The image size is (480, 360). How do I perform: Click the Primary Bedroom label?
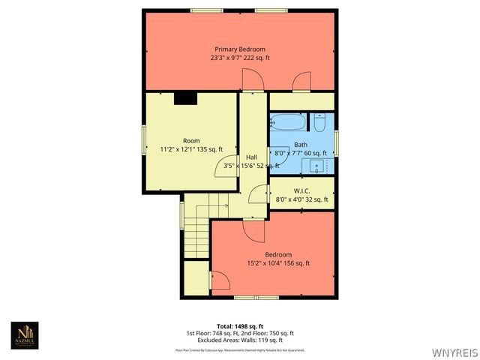[240, 49]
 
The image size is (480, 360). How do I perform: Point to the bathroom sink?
[317, 164]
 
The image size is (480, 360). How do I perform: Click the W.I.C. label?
[302, 190]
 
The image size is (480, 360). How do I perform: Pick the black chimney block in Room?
[184, 97]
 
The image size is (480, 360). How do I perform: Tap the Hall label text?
[252, 157]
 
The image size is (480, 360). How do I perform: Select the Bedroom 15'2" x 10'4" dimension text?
[278, 263]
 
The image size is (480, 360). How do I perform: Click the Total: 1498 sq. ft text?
[240, 326]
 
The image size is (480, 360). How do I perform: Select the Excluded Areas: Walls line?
[240, 340]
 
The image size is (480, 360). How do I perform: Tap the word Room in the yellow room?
[191, 140]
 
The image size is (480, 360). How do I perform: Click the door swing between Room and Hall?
[228, 166]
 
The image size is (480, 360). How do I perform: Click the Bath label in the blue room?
[300, 145]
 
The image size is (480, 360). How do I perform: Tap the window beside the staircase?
[181, 214]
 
